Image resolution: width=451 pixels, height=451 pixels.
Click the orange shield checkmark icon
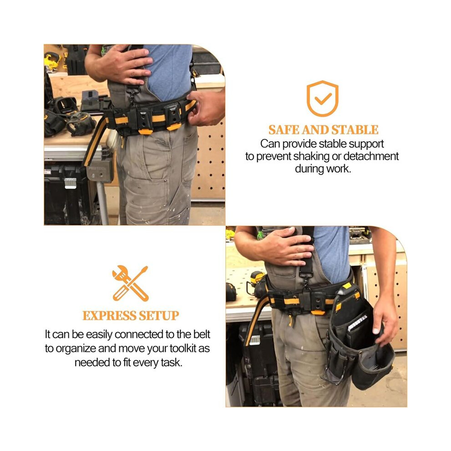tap(322, 98)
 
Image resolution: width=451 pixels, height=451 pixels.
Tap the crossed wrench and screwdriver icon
tap(130, 283)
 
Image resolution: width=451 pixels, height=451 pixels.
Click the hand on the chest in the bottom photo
tap(281, 247)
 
